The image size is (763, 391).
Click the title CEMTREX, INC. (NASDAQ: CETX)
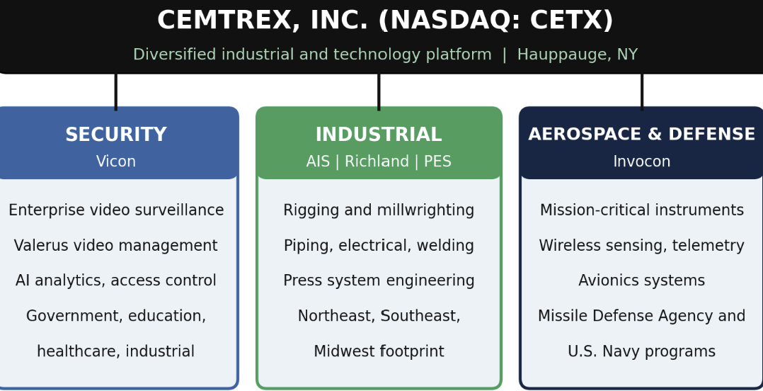point(385,21)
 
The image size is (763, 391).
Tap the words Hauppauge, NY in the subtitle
point(577,55)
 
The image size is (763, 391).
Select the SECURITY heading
point(116,135)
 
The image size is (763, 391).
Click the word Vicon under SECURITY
point(116,161)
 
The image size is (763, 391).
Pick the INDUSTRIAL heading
point(379,135)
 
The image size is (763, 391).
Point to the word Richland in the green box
point(377,161)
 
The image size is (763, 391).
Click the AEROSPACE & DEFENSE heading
point(641,135)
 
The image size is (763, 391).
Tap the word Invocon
point(641,161)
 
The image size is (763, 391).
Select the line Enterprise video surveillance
point(116,210)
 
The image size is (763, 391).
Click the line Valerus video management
point(116,245)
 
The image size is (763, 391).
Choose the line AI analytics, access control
point(116,281)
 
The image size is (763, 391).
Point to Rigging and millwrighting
point(379,210)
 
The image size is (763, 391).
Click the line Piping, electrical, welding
point(379,245)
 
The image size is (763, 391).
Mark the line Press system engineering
point(379,281)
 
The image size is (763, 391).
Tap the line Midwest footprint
point(379,351)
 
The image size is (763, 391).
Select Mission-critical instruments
point(641,210)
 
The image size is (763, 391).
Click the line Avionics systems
point(641,281)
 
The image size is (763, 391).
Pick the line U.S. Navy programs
point(641,351)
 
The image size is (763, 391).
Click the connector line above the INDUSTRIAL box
point(379,92)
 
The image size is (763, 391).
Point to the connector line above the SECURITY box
point(116,92)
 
